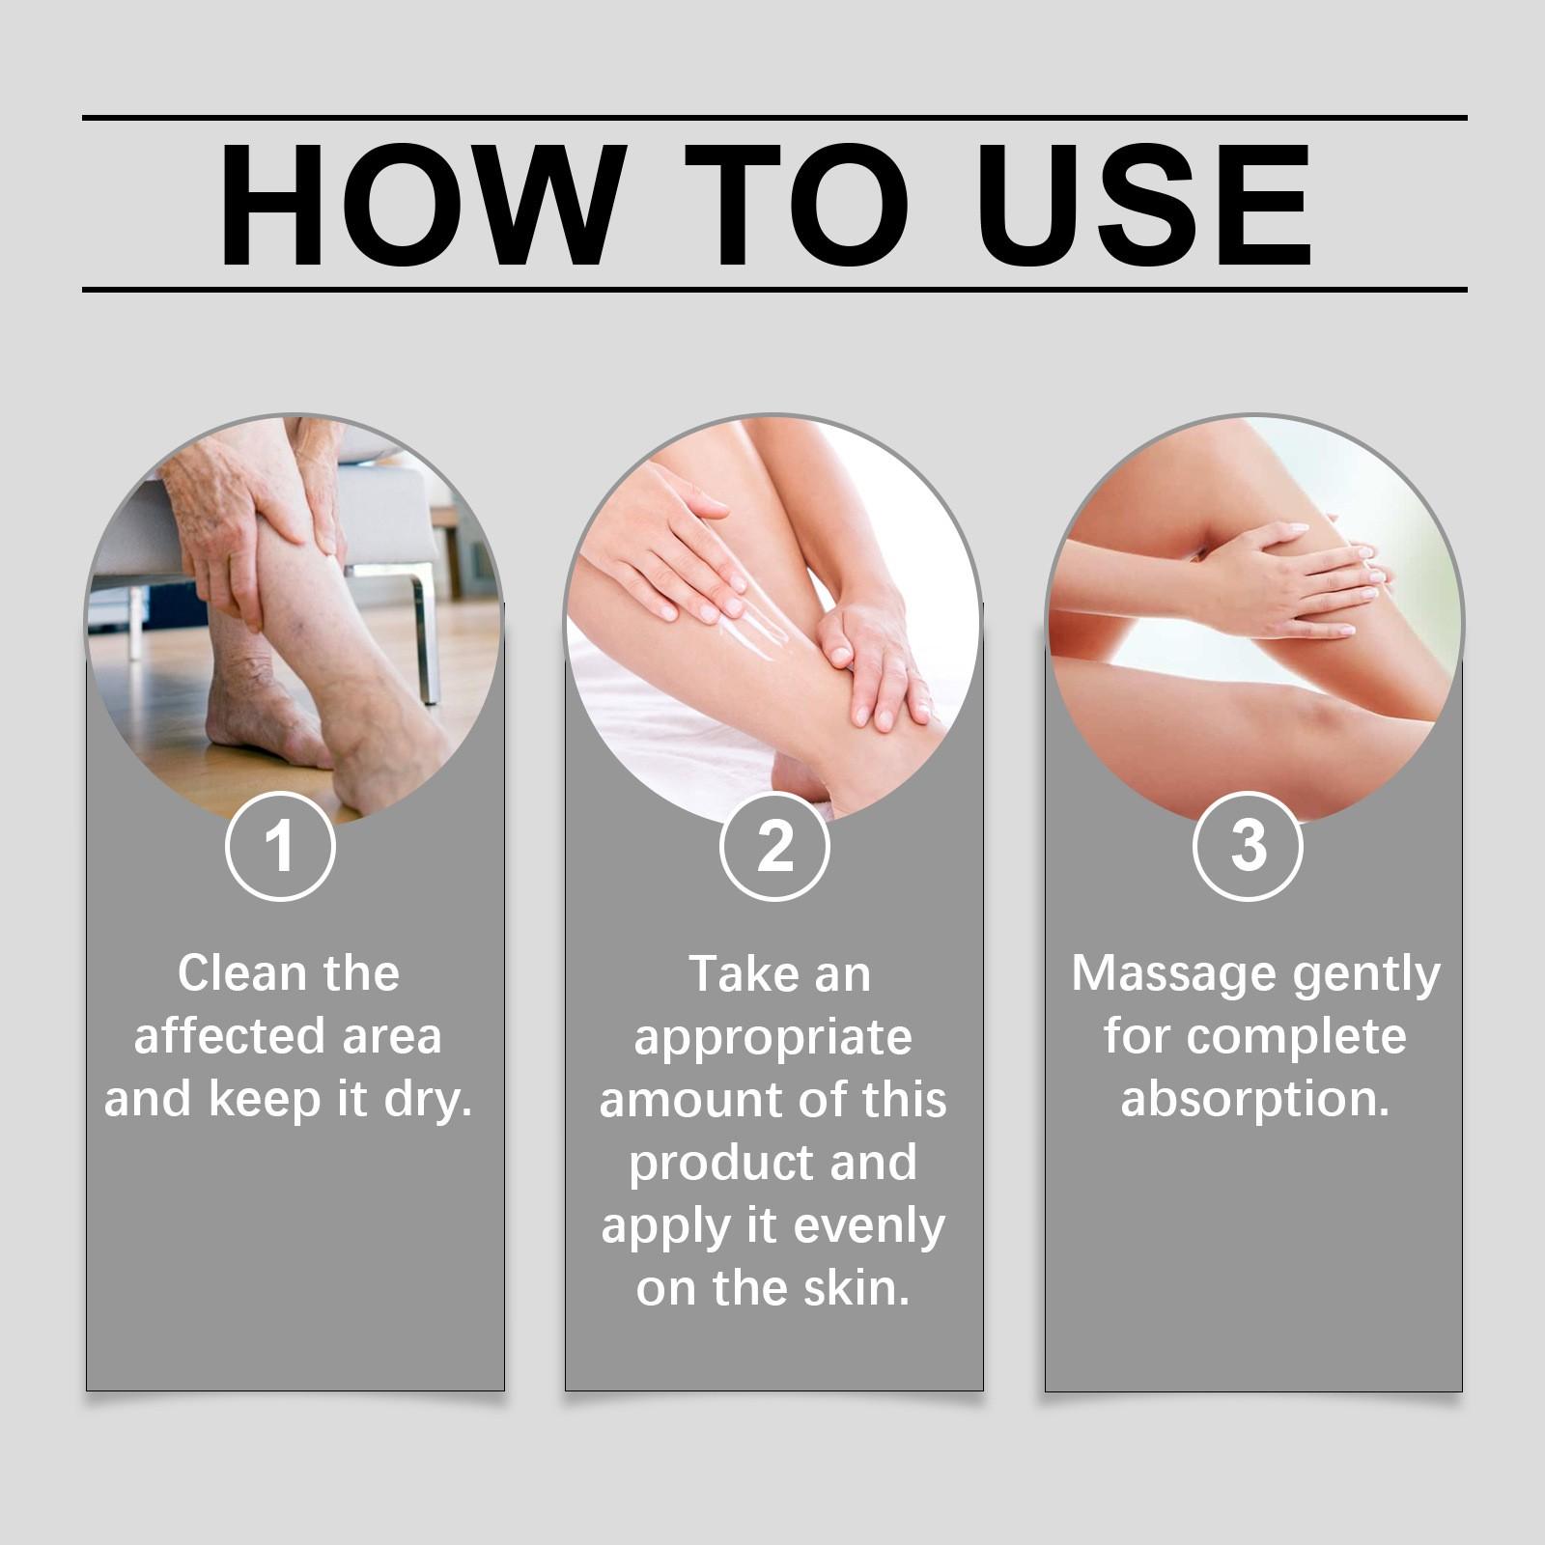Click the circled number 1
(280, 846)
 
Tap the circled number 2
(774, 846)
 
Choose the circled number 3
(1249, 846)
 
